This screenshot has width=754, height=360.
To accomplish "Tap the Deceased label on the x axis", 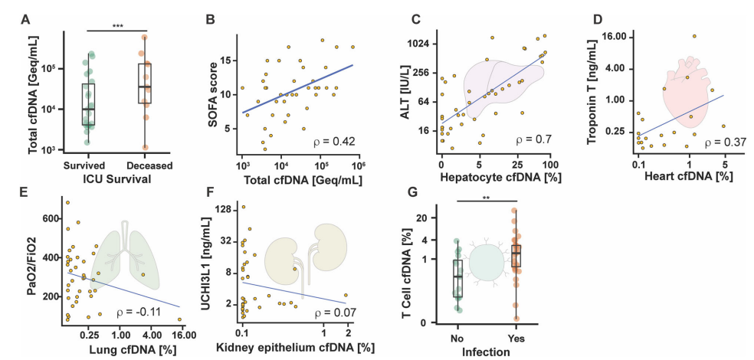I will [x=150, y=165].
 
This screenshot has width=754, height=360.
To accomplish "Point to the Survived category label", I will [x=85, y=165].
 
